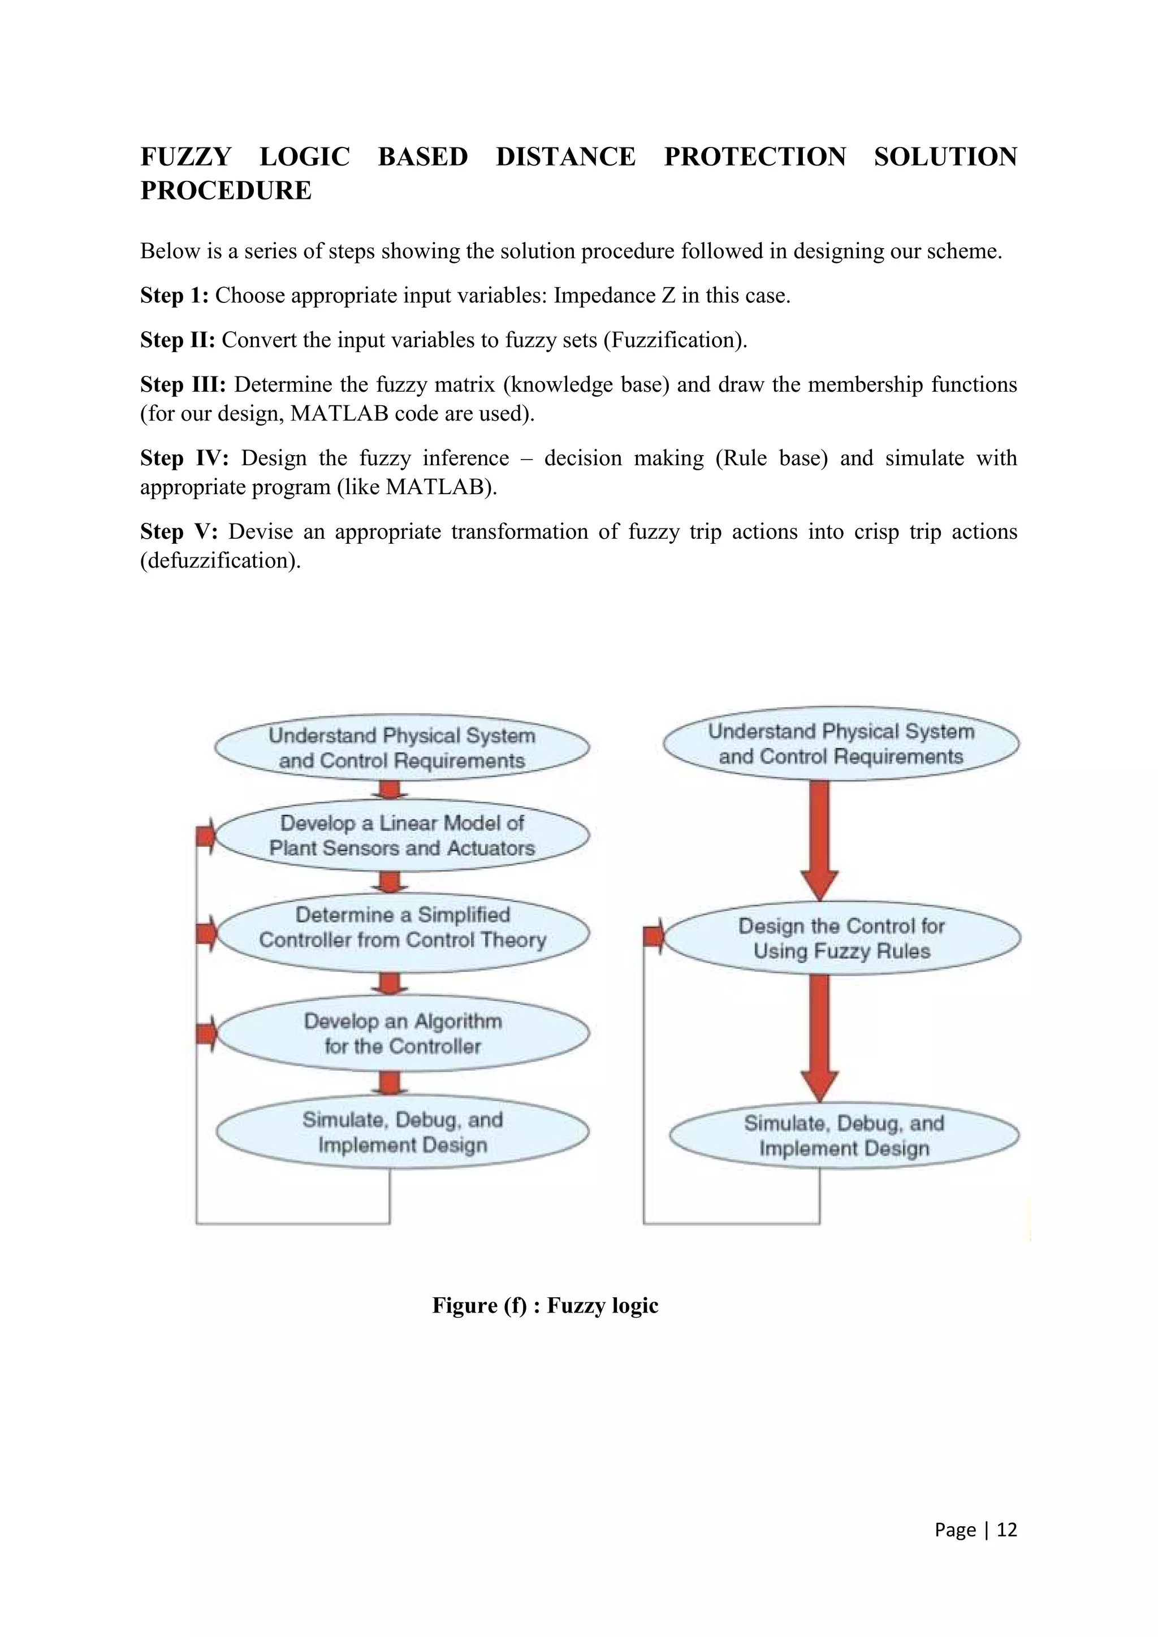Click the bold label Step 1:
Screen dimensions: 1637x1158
(x=174, y=295)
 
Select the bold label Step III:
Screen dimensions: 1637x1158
(x=183, y=384)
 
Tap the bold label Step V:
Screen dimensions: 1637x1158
(x=178, y=531)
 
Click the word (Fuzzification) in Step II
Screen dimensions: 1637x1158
(x=675, y=340)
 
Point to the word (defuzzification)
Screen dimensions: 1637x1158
(x=221, y=560)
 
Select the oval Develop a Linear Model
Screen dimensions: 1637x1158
(x=402, y=835)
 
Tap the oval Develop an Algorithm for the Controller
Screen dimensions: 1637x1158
(x=402, y=1033)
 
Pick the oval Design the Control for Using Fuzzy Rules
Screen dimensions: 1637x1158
(x=841, y=938)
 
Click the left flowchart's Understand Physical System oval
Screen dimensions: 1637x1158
(x=401, y=747)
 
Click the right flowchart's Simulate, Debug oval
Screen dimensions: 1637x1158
(x=844, y=1136)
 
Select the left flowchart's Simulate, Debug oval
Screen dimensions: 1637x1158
(x=402, y=1132)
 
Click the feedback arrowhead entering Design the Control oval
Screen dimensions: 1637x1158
(x=654, y=936)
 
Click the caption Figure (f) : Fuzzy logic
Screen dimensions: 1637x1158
(x=545, y=1305)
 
